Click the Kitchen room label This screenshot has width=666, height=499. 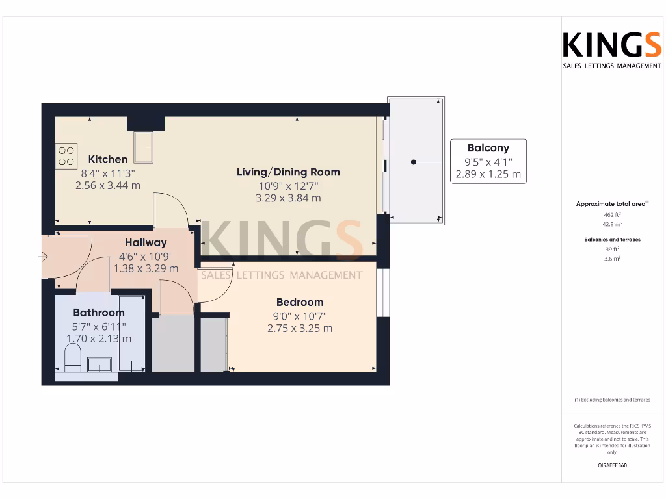coord(108,159)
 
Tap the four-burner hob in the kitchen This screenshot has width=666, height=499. coord(66,156)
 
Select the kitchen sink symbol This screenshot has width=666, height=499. coord(144,146)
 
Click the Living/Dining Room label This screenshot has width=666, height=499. coord(288,172)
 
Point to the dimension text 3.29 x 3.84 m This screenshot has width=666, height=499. coord(288,198)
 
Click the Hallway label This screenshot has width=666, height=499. coord(146,243)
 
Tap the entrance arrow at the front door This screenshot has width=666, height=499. coord(44,257)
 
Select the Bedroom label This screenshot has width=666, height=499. coord(300,302)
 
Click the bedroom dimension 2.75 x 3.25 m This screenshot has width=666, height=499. coord(300,328)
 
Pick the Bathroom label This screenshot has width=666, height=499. coord(98,313)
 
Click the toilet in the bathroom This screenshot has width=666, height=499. coord(72,358)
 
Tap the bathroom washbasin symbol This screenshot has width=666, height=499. coord(100,364)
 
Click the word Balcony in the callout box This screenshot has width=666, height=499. coord(488,148)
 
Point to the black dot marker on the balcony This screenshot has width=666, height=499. coord(413,162)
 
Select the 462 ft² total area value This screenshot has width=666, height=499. coord(612,214)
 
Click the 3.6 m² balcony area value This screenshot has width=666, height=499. coord(612,259)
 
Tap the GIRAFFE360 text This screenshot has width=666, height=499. coord(612,465)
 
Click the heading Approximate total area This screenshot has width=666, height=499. coord(611,204)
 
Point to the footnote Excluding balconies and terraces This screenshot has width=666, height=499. coord(612,400)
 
